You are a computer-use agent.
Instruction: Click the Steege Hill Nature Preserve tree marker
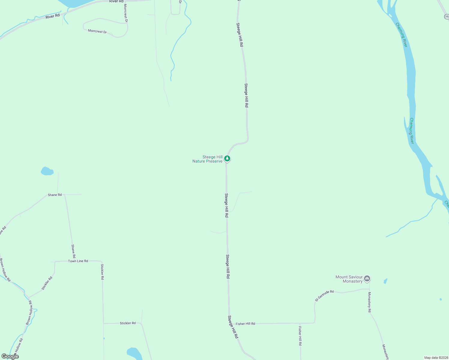[227, 158]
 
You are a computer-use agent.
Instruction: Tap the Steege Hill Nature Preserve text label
[208, 159]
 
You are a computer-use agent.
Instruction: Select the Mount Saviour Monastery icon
[367, 279]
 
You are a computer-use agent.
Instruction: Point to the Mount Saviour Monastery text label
[349, 279]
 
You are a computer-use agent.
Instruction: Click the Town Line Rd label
[78, 261]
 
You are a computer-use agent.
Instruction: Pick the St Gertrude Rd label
[324, 295]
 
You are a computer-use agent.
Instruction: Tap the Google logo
[10, 356]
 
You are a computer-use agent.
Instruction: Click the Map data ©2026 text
[436, 358]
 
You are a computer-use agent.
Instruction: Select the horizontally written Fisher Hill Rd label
[245, 324]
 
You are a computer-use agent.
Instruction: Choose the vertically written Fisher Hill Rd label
[300, 336]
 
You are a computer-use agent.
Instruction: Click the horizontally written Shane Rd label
[55, 195]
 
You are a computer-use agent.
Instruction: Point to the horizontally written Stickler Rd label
[128, 323]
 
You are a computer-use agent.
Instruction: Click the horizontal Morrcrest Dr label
[97, 31]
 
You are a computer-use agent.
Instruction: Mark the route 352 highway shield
[447, 17]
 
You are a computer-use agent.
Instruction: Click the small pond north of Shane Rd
[47, 171]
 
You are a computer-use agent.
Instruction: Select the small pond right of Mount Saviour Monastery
[385, 281]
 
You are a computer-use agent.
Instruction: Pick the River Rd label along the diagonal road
[53, 16]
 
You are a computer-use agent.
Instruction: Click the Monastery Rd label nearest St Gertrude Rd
[369, 302]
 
